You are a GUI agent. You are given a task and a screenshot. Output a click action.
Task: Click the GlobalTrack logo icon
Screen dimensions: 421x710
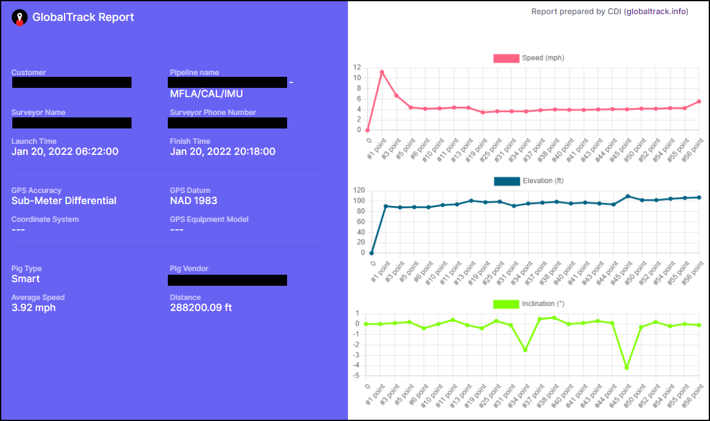[x=20, y=18]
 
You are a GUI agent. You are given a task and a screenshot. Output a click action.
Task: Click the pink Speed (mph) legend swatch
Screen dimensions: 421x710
[x=506, y=58]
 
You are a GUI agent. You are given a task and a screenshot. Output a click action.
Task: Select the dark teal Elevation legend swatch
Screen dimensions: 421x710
[x=506, y=181]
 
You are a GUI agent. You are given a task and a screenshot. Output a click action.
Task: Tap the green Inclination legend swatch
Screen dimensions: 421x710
[x=506, y=304]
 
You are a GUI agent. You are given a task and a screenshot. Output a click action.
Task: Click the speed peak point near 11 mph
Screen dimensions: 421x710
[x=382, y=72]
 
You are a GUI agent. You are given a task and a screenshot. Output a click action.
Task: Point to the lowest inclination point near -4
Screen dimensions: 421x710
[x=626, y=368]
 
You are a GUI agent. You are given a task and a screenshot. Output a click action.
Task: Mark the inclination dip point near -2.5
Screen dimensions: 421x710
[x=525, y=350]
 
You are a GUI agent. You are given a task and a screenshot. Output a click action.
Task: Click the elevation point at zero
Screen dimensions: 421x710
[x=371, y=253]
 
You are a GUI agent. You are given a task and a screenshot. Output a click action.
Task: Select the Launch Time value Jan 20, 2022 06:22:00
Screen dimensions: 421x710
[x=65, y=152]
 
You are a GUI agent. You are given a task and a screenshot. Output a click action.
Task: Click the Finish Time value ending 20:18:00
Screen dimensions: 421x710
[x=223, y=152]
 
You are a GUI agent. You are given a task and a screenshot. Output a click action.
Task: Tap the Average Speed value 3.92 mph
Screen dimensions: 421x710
[x=33, y=308]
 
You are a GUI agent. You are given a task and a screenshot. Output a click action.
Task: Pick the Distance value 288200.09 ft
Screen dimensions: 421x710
[x=200, y=308]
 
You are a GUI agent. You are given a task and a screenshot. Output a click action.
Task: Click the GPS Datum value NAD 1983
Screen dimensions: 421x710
[x=193, y=201]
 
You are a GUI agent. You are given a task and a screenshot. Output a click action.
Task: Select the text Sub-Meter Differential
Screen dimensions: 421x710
[x=64, y=201]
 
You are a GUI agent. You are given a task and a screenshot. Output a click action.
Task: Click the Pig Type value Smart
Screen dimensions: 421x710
[x=26, y=279]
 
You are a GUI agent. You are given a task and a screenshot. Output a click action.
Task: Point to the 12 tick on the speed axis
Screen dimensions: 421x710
[x=357, y=68]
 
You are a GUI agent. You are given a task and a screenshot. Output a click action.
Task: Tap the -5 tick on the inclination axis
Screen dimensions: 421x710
[x=357, y=376]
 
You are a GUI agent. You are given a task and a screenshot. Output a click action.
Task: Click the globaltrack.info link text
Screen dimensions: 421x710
[x=656, y=12]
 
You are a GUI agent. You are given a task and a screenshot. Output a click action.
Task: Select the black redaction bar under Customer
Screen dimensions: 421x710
[x=71, y=82]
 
